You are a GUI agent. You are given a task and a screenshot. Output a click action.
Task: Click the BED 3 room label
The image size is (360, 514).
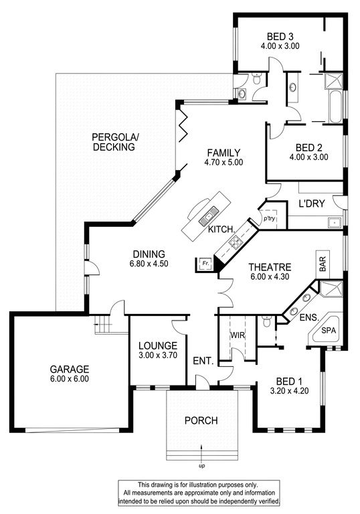pyautogui.click(x=280, y=36)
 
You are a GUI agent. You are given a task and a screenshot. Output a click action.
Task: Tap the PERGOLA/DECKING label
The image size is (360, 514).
pyautogui.click(x=115, y=142)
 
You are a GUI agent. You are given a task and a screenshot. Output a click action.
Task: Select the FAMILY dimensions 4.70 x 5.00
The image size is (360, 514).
pyautogui.click(x=223, y=162)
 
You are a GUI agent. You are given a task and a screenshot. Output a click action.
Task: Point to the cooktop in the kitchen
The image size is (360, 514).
pyautogui.click(x=236, y=243)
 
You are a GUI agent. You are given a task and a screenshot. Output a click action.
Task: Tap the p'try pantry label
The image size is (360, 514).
pyautogui.click(x=270, y=219)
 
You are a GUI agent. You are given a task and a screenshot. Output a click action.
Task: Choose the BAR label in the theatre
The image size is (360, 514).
pyautogui.click(x=323, y=264)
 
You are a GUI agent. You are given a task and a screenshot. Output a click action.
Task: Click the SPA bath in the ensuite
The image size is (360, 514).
pyautogui.click(x=327, y=330)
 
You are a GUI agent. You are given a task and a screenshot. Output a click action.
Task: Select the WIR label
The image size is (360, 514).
pyautogui.click(x=238, y=335)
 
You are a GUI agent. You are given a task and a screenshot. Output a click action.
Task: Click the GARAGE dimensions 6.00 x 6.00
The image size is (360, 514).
pyautogui.click(x=70, y=379)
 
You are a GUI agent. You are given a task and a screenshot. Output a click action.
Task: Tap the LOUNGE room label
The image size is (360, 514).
pyautogui.click(x=158, y=345)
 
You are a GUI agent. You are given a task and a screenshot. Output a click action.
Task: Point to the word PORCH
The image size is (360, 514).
pyautogui.click(x=201, y=420)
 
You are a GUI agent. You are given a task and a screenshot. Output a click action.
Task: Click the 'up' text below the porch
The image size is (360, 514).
pyautogui.click(x=201, y=466)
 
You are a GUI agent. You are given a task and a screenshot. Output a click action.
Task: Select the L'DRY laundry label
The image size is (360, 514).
pyautogui.click(x=311, y=203)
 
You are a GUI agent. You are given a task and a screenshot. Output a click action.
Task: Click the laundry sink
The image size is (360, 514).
pyautogui.click(x=334, y=223)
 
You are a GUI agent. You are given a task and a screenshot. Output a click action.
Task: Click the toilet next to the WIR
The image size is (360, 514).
pyautogui.click(x=266, y=321)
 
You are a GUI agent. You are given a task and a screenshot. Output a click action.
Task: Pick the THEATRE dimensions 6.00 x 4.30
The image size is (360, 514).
pyautogui.click(x=270, y=276)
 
